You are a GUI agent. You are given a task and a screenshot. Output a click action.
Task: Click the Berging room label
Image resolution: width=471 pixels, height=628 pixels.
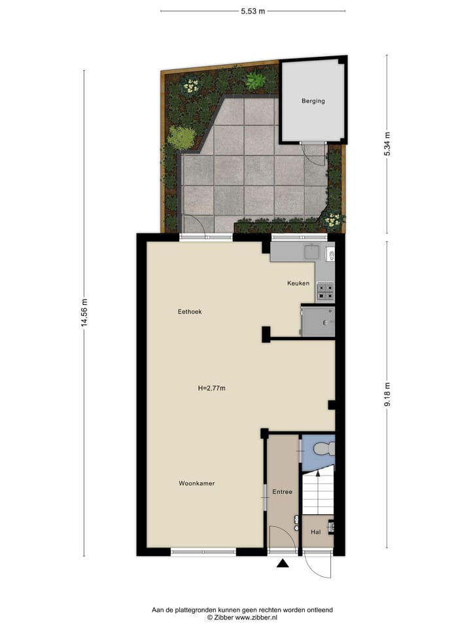313,101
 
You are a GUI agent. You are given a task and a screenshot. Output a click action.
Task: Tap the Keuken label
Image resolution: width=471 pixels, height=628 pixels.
298,283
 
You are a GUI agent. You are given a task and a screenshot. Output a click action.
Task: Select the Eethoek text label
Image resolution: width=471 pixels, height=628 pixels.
190,311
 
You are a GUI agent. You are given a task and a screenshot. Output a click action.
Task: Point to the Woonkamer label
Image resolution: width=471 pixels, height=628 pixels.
197,483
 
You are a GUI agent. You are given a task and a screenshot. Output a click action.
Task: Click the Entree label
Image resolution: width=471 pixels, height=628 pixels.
282,492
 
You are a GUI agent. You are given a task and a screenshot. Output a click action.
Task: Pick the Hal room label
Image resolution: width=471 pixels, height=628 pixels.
315,532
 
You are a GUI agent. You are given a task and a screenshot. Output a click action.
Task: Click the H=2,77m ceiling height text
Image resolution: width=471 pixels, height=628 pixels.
211,388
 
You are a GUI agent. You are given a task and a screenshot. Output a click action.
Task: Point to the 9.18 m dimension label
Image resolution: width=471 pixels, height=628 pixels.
387,395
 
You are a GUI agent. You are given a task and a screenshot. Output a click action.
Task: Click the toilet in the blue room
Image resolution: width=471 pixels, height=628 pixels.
324,449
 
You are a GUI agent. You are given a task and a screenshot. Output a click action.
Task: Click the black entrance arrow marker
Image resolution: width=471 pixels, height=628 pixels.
283,563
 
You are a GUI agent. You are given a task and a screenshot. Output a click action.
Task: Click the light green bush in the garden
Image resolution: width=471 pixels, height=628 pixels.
181,137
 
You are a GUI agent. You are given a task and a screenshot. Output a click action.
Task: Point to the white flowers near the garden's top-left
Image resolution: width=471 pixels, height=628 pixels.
190,85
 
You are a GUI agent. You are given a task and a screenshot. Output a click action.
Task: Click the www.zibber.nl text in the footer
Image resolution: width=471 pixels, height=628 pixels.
258,617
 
